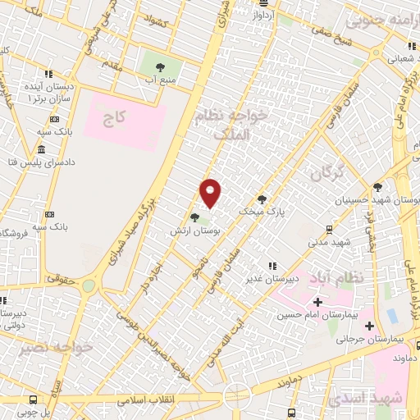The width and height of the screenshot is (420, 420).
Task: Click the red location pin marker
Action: click(x=211, y=193)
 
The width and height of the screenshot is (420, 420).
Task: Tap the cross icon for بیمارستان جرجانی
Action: click(x=369, y=325)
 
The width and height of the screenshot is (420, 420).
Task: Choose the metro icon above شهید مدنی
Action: click(x=328, y=230)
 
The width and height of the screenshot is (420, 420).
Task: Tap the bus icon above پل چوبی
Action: click(x=32, y=399)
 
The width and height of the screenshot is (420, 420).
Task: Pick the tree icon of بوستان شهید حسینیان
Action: click(x=377, y=187)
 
